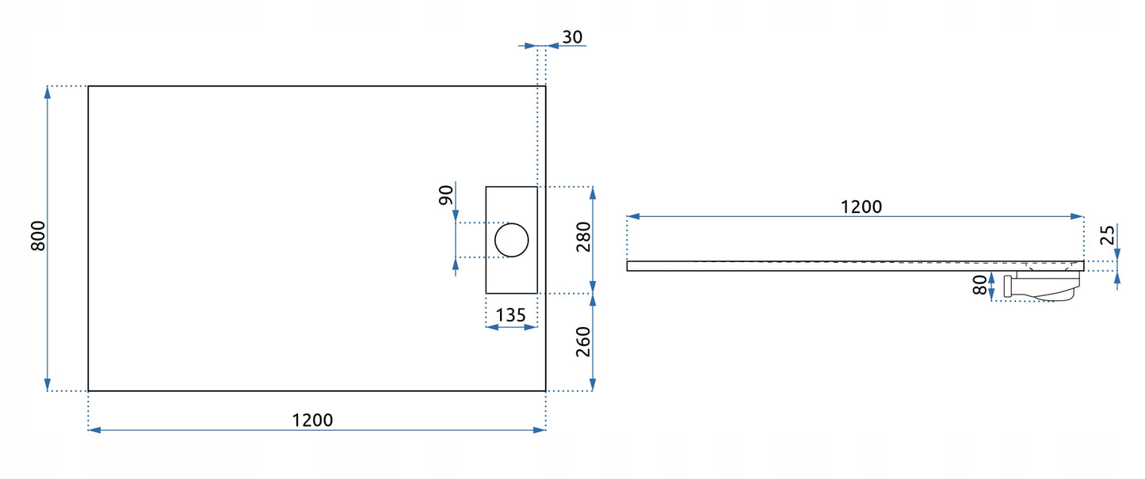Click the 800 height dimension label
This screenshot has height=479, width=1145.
tap(37, 237)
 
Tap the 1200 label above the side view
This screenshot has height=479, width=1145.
tap(861, 207)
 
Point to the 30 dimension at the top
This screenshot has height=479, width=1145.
tap(572, 36)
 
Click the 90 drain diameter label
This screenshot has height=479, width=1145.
tap(446, 195)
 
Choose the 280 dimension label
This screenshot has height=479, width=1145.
tap(584, 238)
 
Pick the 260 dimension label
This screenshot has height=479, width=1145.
tap(584, 341)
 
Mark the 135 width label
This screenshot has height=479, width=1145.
tap(510, 315)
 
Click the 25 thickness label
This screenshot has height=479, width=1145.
tap(1108, 236)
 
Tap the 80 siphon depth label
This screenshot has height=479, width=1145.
tap(981, 285)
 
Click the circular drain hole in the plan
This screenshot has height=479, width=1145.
tap(512, 241)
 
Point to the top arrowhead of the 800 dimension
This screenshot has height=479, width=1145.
tap(48, 91)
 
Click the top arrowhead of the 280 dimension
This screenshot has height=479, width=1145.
tap(593, 192)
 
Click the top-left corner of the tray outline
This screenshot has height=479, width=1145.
tap(88, 86)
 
